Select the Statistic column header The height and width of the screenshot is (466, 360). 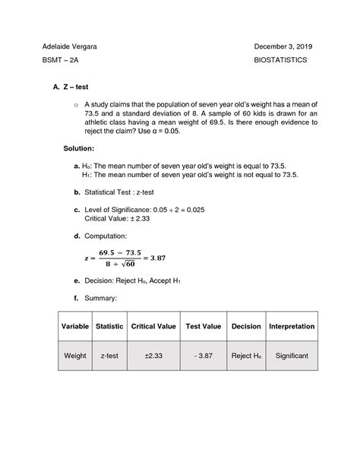pyautogui.click(x=110, y=326)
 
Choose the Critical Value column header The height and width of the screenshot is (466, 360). pyautogui.click(x=154, y=326)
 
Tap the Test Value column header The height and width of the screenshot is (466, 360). pyautogui.click(x=203, y=326)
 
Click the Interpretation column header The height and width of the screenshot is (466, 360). pyautogui.click(x=292, y=326)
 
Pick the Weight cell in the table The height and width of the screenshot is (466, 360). pyautogui.click(x=75, y=355)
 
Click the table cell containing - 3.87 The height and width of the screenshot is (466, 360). pyautogui.click(x=203, y=355)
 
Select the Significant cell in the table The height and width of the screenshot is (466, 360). pyautogui.click(x=292, y=355)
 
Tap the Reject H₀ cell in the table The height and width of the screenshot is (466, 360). pyautogui.click(x=246, y=355)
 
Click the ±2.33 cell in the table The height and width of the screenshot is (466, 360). pyautogui.click(x=154, y=355)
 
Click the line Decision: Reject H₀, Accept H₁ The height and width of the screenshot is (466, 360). pyautogui.click(x=133, y=281)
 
